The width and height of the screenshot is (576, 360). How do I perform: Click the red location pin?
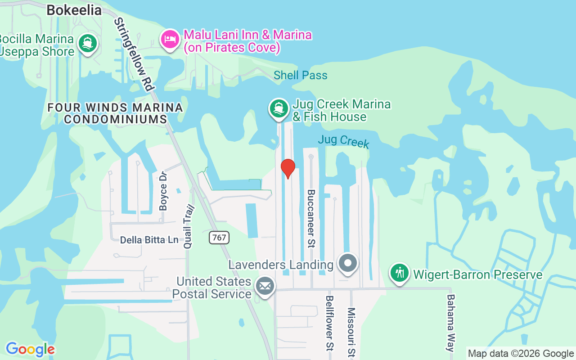tap(288, 168)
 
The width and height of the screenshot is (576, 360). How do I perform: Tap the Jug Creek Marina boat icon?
tap(279, 108)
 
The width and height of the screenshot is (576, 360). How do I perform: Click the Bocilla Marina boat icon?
tap(88, 44)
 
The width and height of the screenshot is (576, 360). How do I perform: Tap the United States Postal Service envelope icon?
tap(265, 286)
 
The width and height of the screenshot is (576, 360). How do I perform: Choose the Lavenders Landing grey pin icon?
tap(348, 263)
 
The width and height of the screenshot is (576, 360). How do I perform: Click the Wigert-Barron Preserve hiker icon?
tap(399, 273)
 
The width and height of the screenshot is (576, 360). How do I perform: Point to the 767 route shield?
tap(219, 237)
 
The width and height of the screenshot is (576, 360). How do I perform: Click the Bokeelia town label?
tap(74, 10)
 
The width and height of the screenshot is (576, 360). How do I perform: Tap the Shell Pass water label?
tap(301, 75)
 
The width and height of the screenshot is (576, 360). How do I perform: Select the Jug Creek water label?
tap(343, 141)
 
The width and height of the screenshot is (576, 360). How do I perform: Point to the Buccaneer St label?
tap(311, 219)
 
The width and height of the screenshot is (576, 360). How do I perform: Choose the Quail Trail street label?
tap(188, 226)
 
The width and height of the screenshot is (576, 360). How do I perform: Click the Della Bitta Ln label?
tap(149, 240)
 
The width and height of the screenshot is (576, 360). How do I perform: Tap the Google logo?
tap(30, 349)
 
